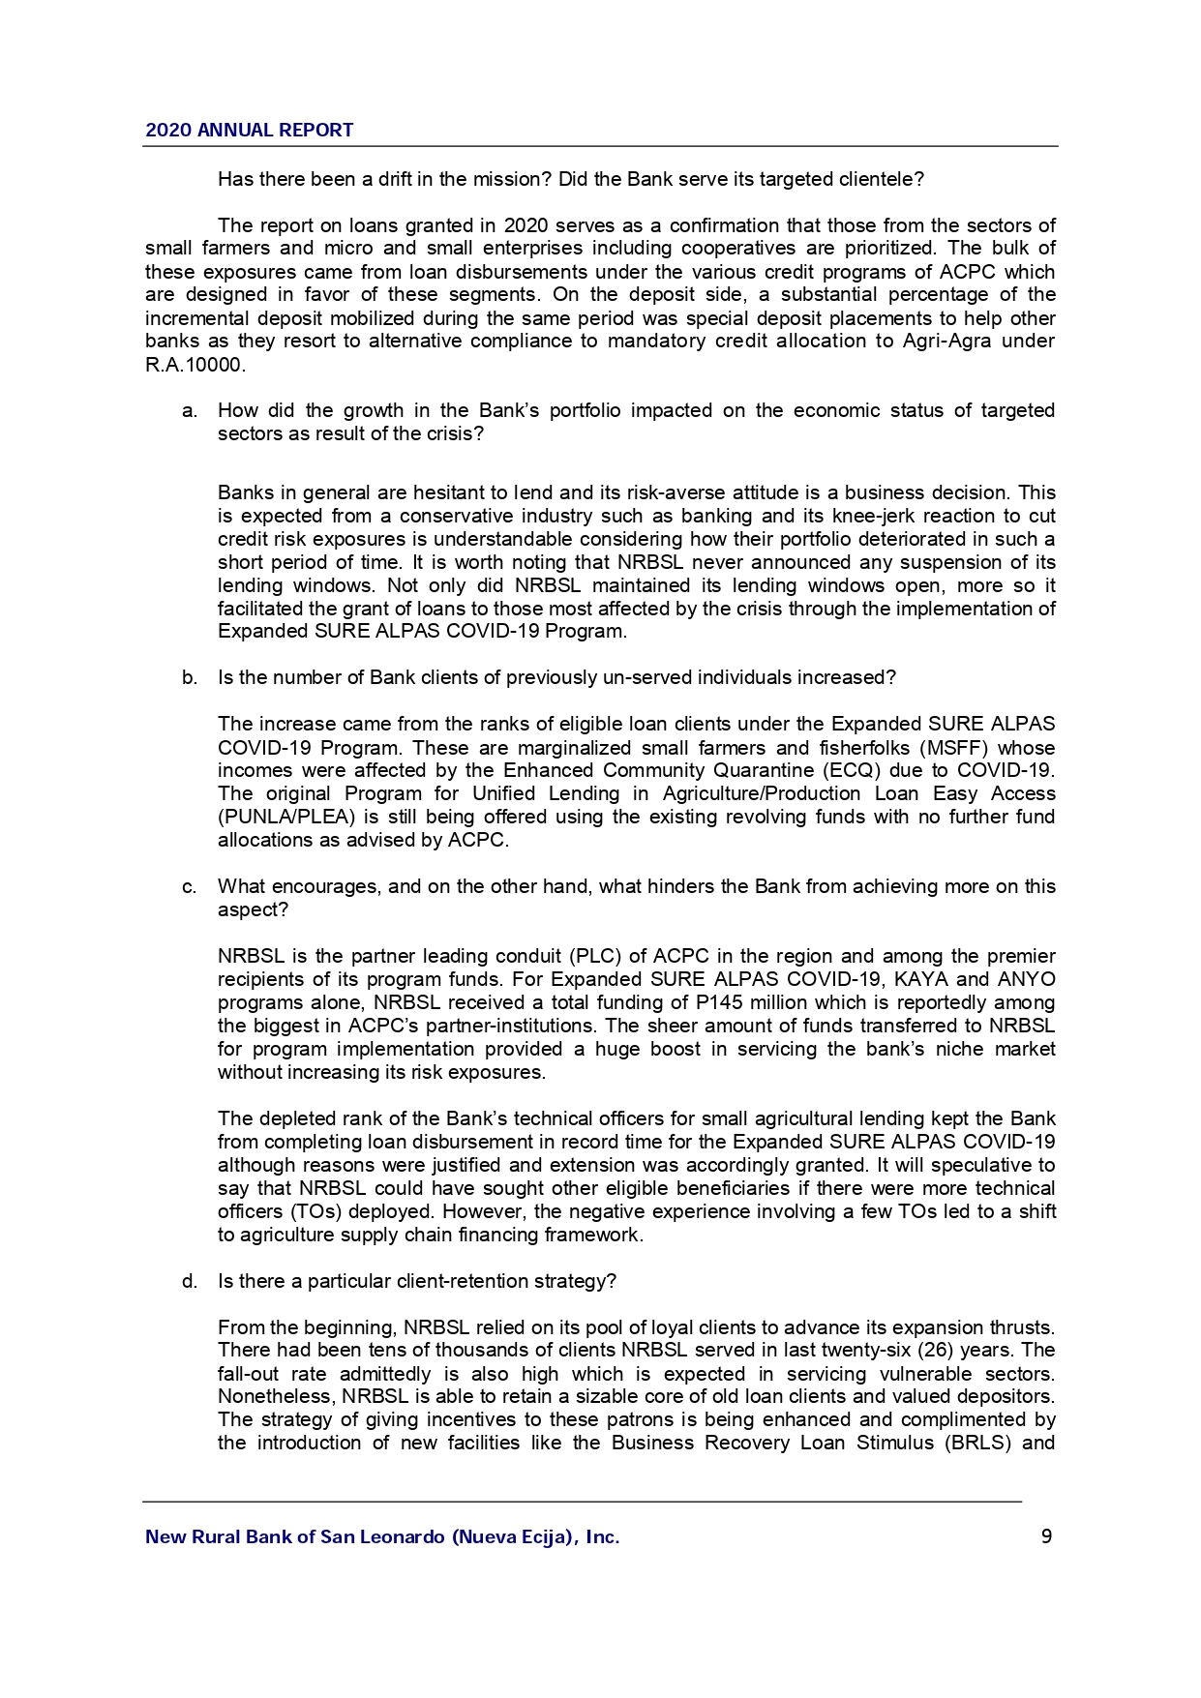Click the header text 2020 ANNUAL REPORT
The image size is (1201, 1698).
pos(249,131)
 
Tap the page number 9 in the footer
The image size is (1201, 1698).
pos(1046,1536)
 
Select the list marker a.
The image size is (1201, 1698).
pos(190,411)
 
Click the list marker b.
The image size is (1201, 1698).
pos(190,678)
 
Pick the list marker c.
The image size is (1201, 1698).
pos(190,887)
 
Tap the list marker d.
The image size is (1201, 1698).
pos(190,1282)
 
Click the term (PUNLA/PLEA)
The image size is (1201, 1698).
pos(285,818)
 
